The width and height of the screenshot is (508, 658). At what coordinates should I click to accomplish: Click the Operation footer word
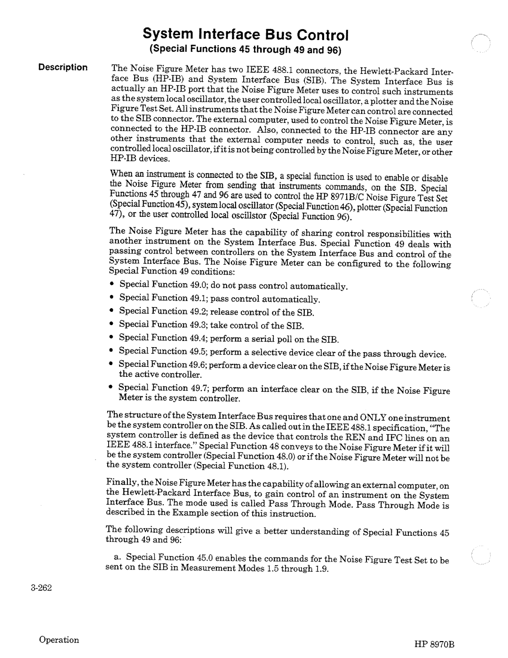[59, 640]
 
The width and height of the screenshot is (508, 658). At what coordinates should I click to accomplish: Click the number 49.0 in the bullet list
[198, 285]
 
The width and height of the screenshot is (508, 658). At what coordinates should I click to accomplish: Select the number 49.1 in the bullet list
[198, 298]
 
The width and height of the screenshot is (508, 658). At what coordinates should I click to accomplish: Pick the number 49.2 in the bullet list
[198, 311]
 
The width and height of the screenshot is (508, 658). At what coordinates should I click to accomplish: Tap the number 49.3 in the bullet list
[198, 325]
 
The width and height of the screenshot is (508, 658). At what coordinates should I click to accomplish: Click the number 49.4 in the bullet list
[198, 338]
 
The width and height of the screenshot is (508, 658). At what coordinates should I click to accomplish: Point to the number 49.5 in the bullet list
[198, 351]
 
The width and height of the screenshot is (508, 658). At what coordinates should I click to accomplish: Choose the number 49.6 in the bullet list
[198, 365]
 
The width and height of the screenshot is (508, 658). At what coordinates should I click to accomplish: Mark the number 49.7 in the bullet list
[198, 388]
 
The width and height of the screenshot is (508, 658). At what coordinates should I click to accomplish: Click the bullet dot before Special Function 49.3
[113, 325]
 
